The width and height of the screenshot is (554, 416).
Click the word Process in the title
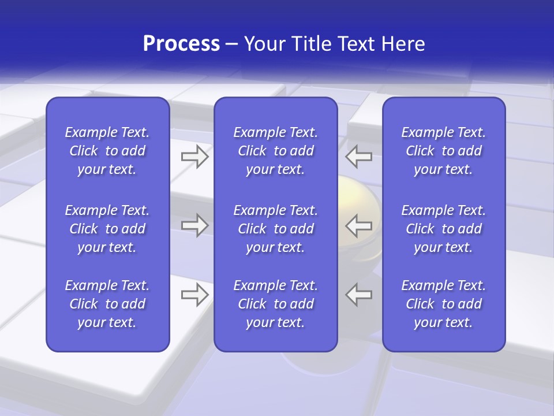181,44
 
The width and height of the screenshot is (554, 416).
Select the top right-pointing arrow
194,157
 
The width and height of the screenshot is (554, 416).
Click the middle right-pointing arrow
194,225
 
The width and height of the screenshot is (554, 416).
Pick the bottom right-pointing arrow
194,295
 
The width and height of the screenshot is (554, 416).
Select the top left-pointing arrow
359,157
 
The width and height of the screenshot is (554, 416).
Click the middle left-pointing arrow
359,225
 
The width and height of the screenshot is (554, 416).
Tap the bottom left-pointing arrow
359,295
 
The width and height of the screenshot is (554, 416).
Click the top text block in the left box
107,151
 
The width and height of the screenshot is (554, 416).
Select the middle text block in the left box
107,229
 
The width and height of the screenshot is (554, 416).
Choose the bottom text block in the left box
107,304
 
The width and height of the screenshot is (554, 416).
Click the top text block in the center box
275,151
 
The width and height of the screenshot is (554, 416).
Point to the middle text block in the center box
275,229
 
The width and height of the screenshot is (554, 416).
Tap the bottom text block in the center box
275,304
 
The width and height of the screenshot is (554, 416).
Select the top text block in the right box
443,151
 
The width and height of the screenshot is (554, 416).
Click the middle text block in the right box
443,229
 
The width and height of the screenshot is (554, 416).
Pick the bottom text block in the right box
443,304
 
